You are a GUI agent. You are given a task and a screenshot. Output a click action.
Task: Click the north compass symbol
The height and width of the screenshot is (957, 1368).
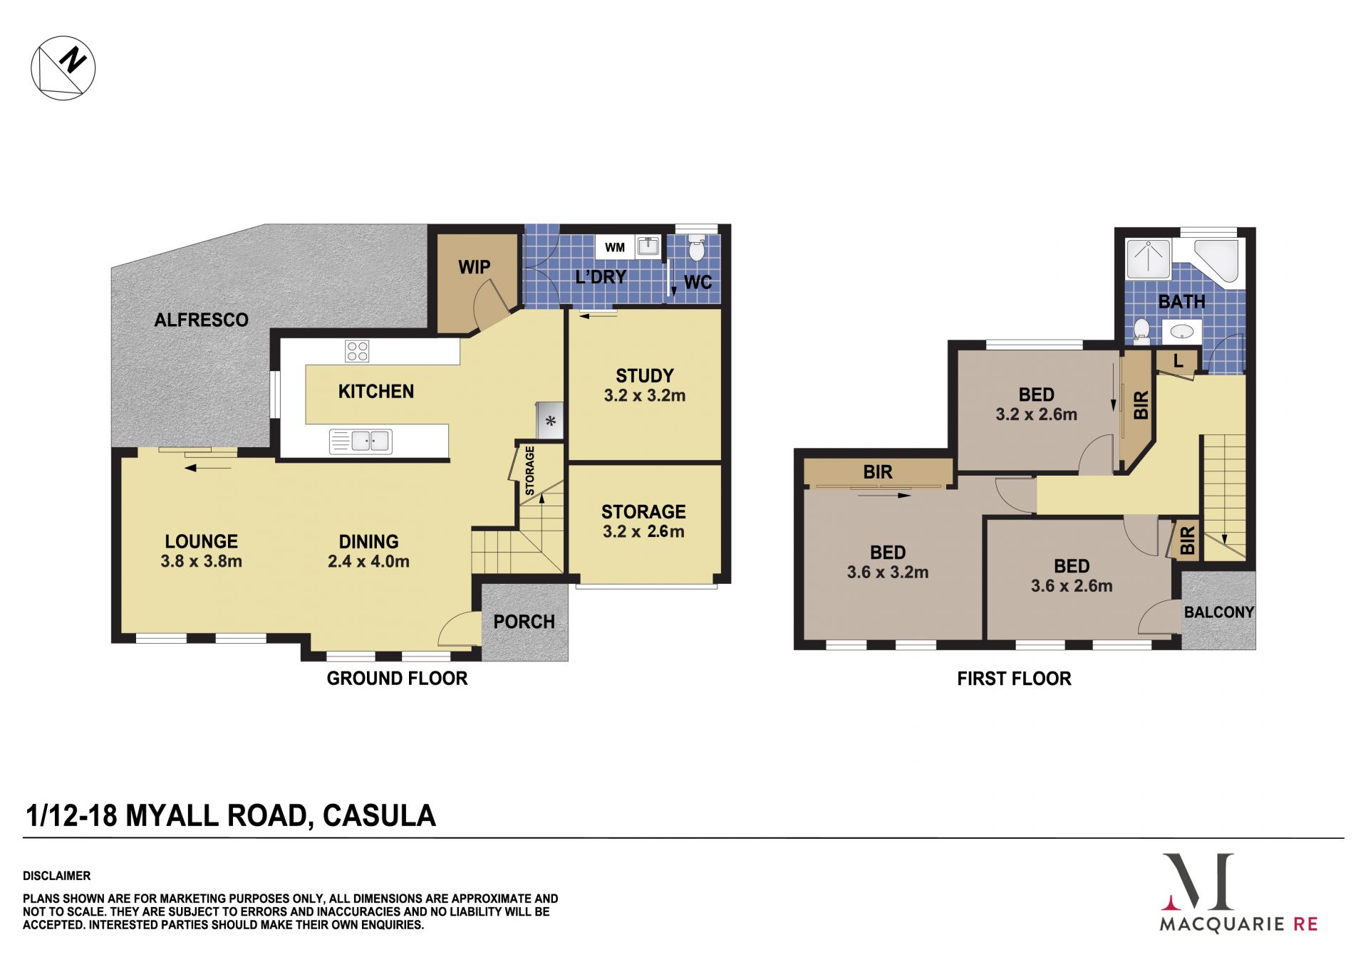tap(63, 68)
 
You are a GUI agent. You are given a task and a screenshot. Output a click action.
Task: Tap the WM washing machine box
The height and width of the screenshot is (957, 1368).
tap(615, 248)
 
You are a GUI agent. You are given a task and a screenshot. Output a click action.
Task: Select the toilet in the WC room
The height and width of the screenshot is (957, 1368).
tap(696, 247)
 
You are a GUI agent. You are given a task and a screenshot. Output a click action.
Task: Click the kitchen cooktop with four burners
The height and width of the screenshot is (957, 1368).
tap(357, 351)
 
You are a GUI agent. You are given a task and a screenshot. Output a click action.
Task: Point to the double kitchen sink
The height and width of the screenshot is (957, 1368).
tap(361, 441)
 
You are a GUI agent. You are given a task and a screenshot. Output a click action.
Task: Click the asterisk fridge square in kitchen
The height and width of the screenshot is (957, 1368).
tap(550, 420)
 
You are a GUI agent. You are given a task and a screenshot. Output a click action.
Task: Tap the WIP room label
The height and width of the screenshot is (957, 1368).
tap(475, 267)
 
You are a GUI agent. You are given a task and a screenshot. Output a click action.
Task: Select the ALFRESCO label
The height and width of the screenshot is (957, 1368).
tap(202, 320)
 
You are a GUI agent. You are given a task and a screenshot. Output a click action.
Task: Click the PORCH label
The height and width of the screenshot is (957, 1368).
tap(524, 622)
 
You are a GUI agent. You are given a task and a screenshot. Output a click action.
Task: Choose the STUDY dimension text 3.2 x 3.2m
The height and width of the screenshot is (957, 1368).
tap(645, 396)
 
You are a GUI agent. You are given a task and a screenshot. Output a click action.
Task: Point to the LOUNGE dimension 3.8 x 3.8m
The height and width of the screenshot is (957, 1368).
tap(202, 561)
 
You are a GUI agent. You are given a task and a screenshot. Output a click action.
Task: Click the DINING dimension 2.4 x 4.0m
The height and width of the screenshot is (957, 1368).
tap(368, 561)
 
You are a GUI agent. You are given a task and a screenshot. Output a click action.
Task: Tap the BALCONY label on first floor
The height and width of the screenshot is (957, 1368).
tap(1219, 612)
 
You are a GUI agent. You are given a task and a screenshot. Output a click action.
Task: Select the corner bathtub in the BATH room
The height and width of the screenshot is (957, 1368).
tap(1220, 263)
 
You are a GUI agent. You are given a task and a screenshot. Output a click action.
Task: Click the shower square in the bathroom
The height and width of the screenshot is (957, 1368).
tap(1148, 258)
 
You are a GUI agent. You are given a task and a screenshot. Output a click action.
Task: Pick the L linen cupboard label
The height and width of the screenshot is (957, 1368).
tap(1178, 361)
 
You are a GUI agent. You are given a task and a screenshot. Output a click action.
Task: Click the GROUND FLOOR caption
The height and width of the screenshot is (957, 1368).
tap(397, 678)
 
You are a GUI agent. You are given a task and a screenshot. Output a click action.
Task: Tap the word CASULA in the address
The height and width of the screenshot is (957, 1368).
tap(379, 815)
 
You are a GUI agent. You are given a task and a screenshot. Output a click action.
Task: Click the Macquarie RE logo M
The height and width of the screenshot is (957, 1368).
tap(1198, 882)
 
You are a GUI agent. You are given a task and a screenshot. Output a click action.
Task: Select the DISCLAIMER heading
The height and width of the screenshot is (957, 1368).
tap(57, 876)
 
